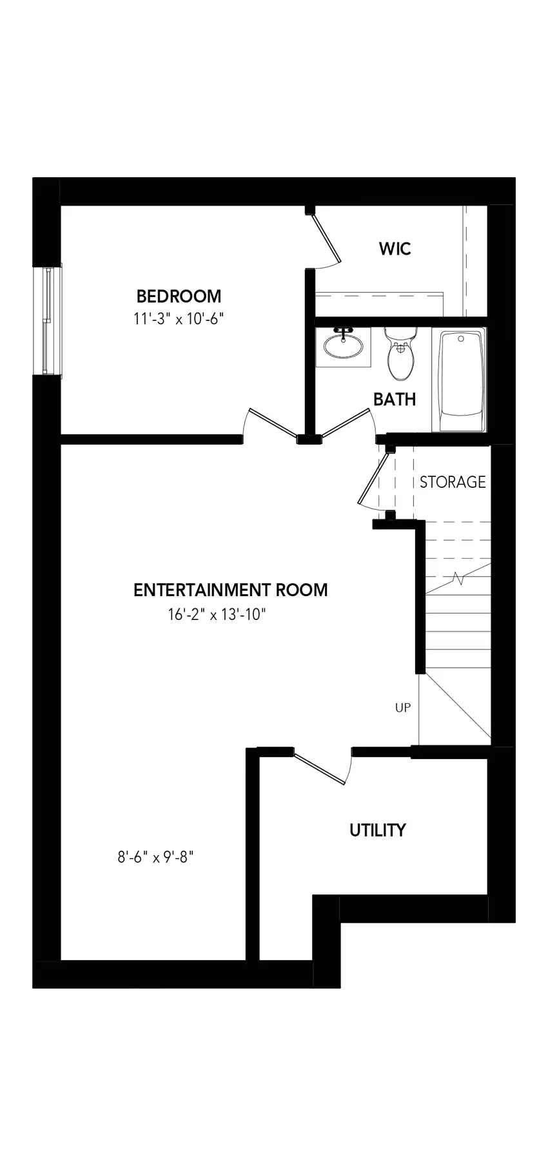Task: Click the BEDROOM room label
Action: [179, 296]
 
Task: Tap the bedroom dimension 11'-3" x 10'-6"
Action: [179, 318]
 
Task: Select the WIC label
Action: [395, 249]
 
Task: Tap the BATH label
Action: [395, 399]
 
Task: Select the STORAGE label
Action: [453, 481]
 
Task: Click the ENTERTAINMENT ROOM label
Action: [231, 590]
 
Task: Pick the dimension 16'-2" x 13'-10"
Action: [217, 614]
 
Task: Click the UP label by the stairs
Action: [403, 708]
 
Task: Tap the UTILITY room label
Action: [378, 830]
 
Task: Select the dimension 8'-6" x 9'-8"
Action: [155, 857]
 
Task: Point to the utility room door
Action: [320, 766]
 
